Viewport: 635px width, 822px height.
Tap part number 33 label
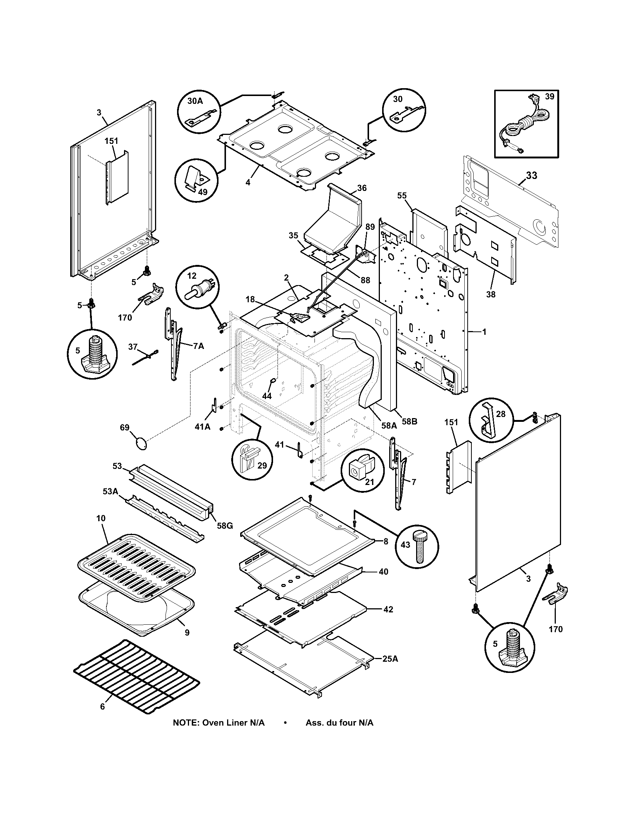click(x=531, y=175)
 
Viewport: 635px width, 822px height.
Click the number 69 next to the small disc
click(x=124, y=427)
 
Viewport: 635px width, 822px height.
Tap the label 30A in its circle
click(x=195, y=101)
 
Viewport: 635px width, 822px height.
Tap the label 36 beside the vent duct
click(x=362, y=188)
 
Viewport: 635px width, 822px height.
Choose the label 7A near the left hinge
click(x=198, y=346)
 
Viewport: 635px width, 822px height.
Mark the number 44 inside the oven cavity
click(x=267, y=396)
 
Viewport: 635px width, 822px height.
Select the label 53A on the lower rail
click(x=110, y=492)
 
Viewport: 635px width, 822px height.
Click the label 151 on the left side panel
click(x=111, y=141)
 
